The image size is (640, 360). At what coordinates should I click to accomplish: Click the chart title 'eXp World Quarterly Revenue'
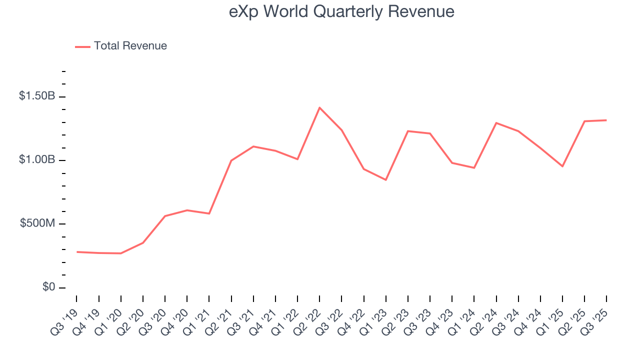[341, 11]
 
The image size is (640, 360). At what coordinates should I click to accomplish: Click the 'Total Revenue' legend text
[130, 46]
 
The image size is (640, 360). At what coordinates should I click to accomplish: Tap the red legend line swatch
[82, 46]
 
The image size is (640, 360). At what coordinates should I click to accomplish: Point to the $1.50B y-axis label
[37, 96]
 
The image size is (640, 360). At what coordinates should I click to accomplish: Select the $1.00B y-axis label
[37, 159]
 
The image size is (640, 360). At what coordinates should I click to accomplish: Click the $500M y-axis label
[37, 223]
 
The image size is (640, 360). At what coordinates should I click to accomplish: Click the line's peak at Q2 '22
[319, 107]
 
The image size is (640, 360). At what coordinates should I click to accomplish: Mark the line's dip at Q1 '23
[386, 180]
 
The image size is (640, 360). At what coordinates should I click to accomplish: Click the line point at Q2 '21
[231, 160]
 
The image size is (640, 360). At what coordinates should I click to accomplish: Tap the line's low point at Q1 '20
[120, 253]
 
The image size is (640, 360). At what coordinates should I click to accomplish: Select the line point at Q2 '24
[496, 122]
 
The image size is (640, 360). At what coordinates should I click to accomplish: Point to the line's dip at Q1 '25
[562, 166]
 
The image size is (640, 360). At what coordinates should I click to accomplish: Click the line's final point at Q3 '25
[606, 120]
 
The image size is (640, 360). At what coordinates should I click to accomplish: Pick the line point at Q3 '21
[253, 146]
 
